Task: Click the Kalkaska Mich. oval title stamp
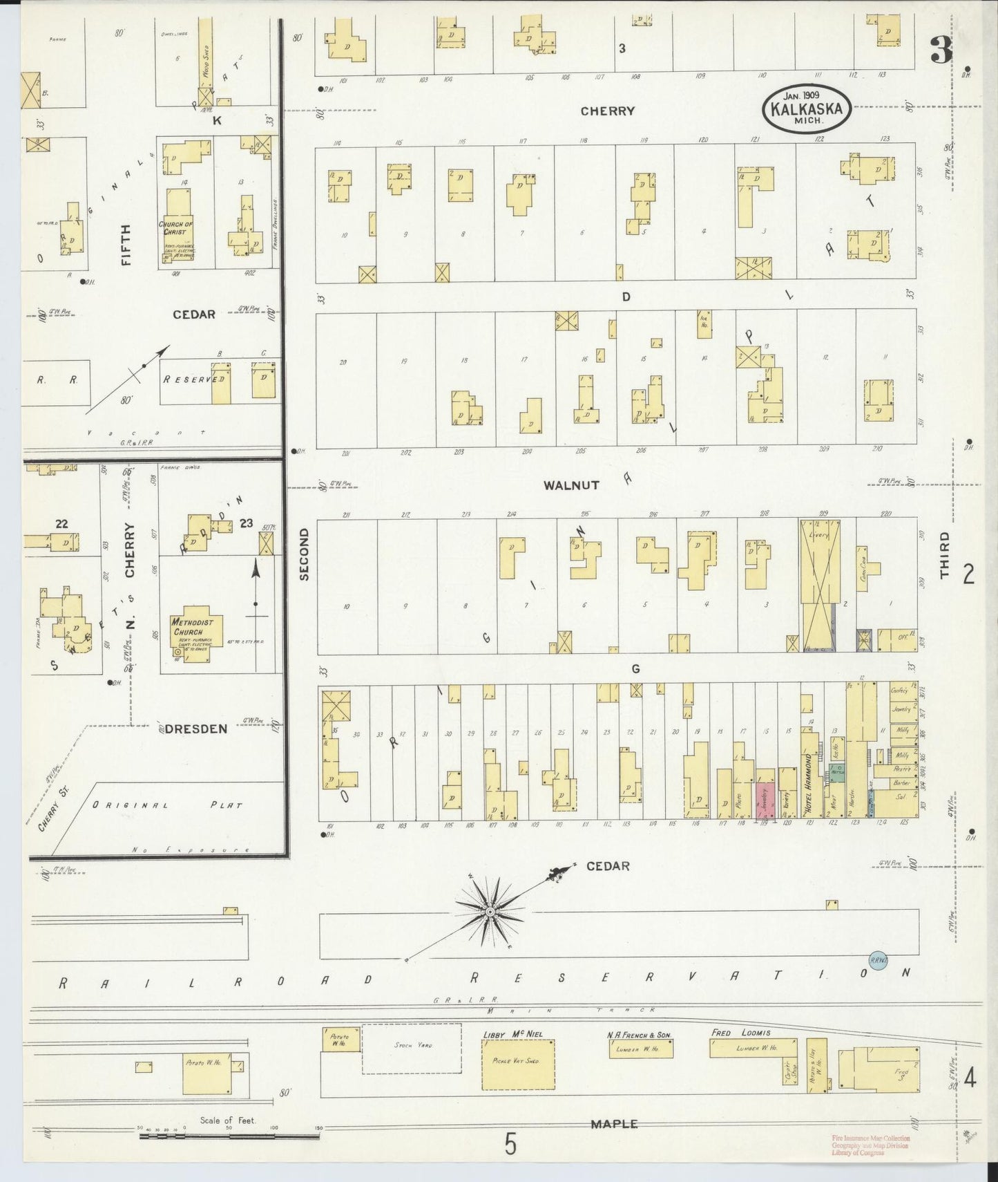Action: (807, 109)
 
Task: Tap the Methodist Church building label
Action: (188, 627)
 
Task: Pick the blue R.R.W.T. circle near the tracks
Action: (877, 960)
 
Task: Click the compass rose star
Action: (489, 912)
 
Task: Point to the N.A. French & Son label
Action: (639, 1034)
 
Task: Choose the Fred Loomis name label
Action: (740, 1033)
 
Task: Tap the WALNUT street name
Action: (571, 485)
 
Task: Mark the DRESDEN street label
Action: (196, 729)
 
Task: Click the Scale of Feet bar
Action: (228, 1131)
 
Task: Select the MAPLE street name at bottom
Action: (613, 1124)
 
